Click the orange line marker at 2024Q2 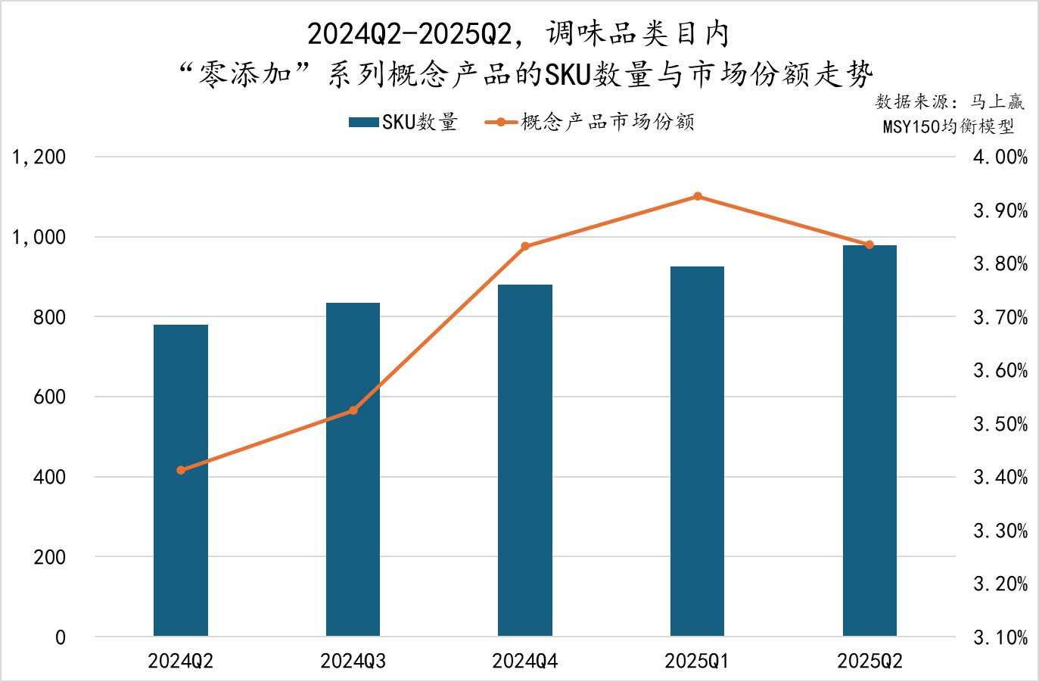click(x=181, y=470)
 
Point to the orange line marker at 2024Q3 click(x=353, y=410)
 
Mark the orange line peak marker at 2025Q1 click(x=698, y=197)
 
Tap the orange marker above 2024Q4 click(x=525, y=246)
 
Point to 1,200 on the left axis click(x=39, y=157)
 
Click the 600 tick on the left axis click(x=49, y=397)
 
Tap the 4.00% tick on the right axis click(x=1000, y=157)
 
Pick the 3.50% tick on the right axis click(x=1000, y=424)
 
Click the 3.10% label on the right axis click(x=1000, y=637)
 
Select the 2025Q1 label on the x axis click(x=696, y=662)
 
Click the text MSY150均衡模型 click(x=948, y=126)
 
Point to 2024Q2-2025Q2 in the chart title click(x=409, y=34)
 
